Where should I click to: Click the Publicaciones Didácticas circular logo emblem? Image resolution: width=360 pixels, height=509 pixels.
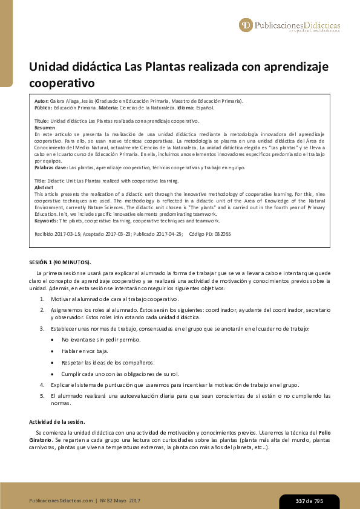(x=246, y=25)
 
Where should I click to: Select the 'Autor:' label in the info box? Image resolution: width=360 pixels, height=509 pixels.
(x=42, y=101)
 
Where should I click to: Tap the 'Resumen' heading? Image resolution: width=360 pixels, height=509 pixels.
(x=45, y=128)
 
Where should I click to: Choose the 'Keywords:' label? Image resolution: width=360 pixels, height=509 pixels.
(x=47, y=221)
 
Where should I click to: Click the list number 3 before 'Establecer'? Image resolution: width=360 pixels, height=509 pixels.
(x=42, y=328)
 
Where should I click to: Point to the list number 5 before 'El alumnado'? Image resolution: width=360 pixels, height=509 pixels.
(x=42, y=395)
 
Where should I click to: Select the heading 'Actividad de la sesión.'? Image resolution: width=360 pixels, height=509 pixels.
(x=57, y=421)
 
